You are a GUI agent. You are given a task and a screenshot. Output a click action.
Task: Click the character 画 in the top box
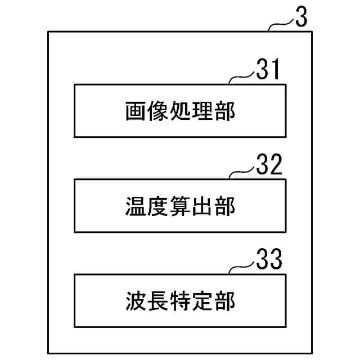135,111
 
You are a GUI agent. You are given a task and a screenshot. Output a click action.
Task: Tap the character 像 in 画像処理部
157,111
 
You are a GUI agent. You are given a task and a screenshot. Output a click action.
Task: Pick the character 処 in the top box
180,111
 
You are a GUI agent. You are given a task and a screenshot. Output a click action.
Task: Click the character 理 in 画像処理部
202,111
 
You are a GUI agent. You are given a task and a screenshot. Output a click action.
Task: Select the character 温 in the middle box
135,206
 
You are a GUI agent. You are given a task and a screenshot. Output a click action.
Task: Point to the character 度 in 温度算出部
157,206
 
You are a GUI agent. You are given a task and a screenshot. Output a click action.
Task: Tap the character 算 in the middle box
180,206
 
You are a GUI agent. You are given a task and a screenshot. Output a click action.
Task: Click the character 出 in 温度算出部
202,206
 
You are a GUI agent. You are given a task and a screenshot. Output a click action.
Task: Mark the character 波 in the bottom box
135,301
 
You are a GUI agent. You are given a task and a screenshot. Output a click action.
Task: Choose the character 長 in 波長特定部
157,301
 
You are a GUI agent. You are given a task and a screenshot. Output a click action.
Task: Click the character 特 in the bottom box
180,301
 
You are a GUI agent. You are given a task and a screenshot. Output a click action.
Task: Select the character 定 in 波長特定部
202,301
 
